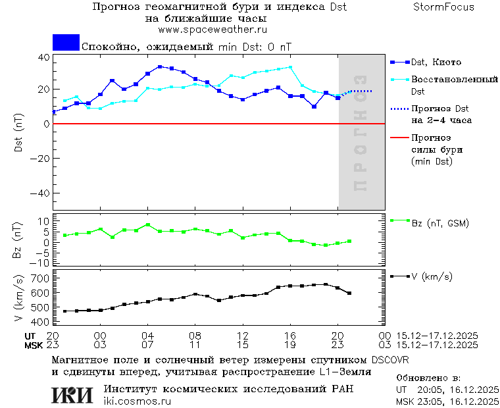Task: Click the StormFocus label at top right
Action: [x=443, y=7]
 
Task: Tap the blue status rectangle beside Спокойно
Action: [x=66, y=43]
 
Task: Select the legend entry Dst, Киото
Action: [x=432, y=63]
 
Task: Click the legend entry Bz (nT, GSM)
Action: [x=439, y=223]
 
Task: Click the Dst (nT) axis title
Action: [x=18, y=134]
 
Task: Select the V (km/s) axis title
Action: [x=18, y=299]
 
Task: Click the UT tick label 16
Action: [x=290, y=336]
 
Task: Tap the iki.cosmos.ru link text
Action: [x=137, y=401]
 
